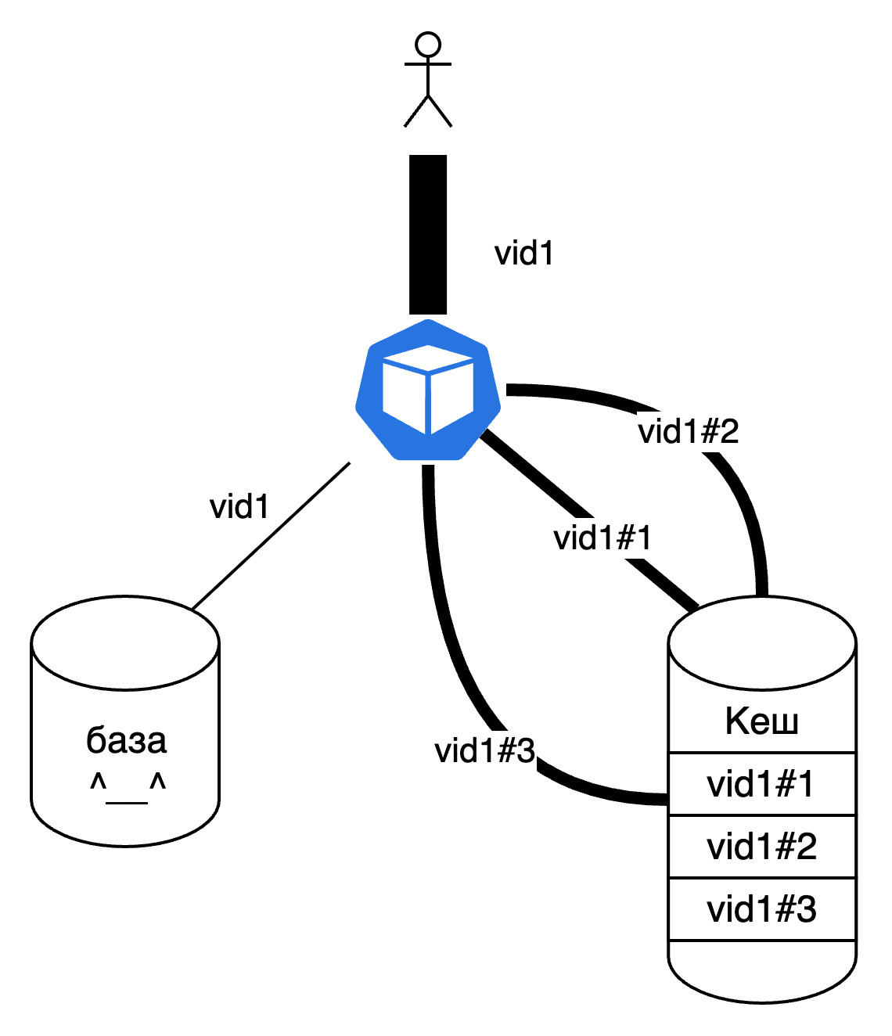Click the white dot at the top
pyautogui.click(x=428, y=45)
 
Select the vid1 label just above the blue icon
pyautogui.click(x=525, y=254)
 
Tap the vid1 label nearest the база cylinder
pyautogui.click(x=240, y=507)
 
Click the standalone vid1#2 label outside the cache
pyautogui.click(x=688, y=432)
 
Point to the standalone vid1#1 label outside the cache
pyautogui.click(x=603, y=538)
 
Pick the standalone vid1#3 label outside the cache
pyautogui.click(x=485, y=751)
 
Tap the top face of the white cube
pyautogui.click(x=428, y=358)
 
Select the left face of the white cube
pyautogui.click(x=404, y=398)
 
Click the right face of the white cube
pyautogui.click(x=452, y=398)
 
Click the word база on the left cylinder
pyautogui.click(x=126, y=740)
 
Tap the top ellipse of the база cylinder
pyautogui.click(x=125, y=643)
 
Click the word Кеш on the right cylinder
pyautogui.click(x=762, y=721)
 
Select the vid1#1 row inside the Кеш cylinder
pyautogui.click(x=761, y=784)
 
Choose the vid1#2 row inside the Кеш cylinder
pyautogui.click(x=761, y=847)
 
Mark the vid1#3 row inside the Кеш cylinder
pyautogui.click(x=761, y=909)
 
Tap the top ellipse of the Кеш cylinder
pyautogui.click(x=762, y=643)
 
